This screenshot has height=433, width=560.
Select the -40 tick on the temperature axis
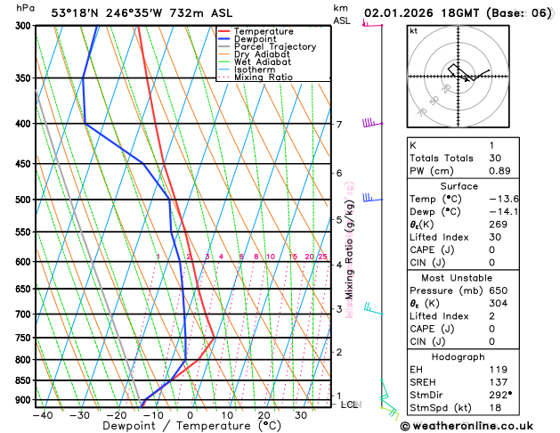pos(43,415)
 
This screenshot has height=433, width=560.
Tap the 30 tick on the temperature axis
pos(301,415)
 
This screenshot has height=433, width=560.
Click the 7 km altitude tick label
pos(339,125)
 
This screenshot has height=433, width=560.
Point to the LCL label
pos(349,404)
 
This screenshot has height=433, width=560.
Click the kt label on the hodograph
pos(413,31)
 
